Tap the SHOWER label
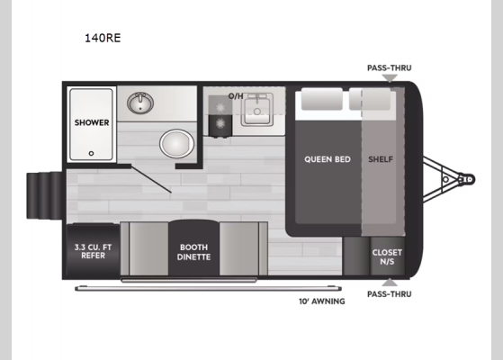(x=92, y=122)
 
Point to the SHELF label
(x=381, y=159)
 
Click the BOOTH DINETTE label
(x=193, y=251)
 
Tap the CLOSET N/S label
(x=387, y=256)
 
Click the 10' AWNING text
(x=322, y=301)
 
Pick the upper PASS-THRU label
(x=389, y=67)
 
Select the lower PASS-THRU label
(x=389, y=292)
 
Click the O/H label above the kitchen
(x=236, y=95)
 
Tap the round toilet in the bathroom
(x=175, y=144)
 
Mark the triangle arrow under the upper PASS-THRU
(x=389, y=77)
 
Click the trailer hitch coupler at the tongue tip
(x=466, y=180)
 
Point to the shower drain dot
(x=90, y=153)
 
